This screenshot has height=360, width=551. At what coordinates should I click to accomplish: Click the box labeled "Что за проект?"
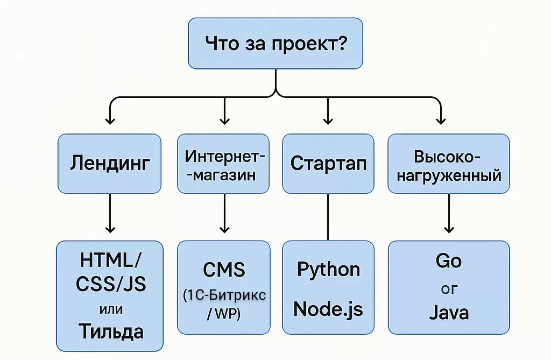pos(275,44)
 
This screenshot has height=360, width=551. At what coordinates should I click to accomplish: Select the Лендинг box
pos(109,163)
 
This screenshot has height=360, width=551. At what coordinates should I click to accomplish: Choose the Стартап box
pos(328,163)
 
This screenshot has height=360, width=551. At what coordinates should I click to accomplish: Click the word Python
pos(328,270)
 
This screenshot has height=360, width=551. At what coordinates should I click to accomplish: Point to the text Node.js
pos(328,309)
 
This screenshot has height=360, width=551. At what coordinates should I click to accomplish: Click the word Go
pos(448,261)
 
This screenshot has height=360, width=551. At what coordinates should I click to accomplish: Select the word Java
pos(448,312)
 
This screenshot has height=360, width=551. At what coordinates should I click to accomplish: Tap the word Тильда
pos(111,330)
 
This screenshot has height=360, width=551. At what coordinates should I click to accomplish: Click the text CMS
pos(224,269)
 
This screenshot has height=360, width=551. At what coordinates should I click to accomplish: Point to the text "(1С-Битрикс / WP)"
pos(224,304)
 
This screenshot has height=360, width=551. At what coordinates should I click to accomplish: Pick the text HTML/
pos(111,261)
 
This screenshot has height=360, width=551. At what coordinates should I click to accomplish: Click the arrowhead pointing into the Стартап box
pos(328,119)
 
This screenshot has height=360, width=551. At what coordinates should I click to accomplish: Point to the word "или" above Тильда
pos(111,309)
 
